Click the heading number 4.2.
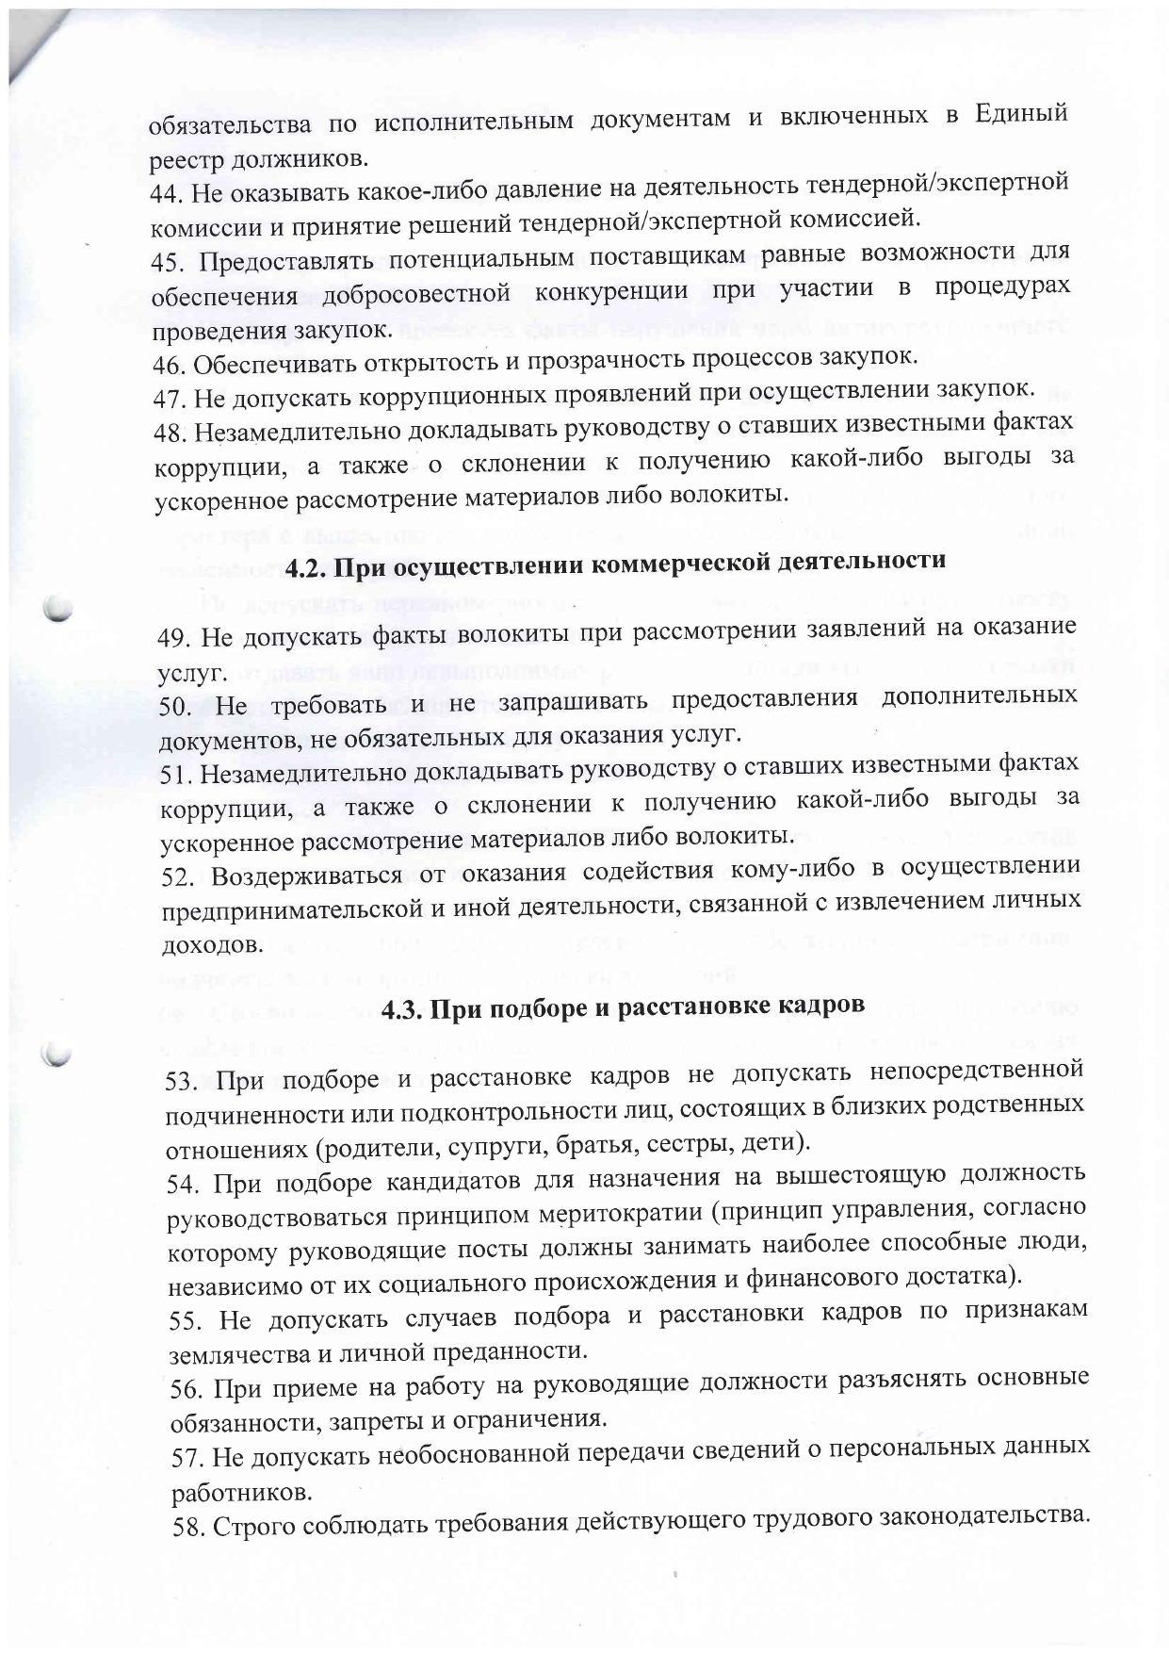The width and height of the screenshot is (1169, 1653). click(305, 568)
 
